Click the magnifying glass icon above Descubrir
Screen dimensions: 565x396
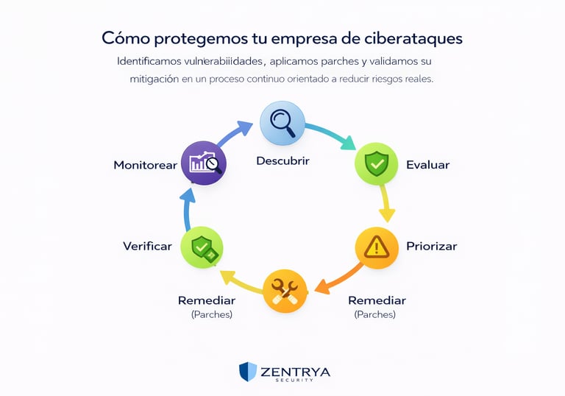282,123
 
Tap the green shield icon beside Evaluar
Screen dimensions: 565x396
377,163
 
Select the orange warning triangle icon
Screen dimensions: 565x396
377,247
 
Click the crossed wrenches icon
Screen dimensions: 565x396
285,291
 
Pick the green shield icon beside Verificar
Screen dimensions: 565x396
202,247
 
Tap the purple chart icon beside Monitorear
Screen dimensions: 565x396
204,163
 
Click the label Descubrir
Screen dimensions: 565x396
283,160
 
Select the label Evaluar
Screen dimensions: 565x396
427,165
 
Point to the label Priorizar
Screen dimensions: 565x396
431,246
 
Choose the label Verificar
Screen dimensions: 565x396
147,246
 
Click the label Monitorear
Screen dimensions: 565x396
145,165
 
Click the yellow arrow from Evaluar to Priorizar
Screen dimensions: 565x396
385,203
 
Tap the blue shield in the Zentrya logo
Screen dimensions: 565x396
248,372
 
